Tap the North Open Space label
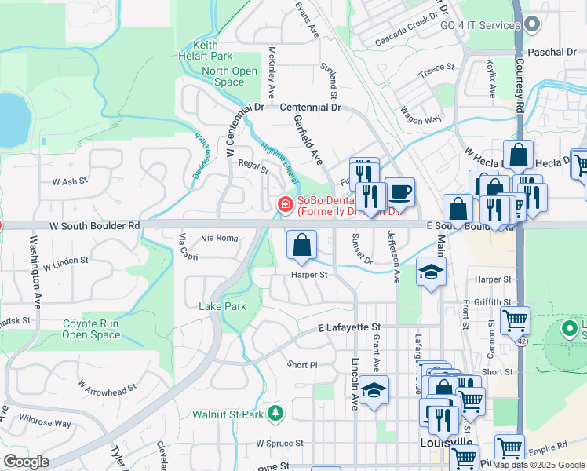229,76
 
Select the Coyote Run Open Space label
91,329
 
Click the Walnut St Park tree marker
275,413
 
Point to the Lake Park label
222,306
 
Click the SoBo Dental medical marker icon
285,206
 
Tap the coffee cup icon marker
399,192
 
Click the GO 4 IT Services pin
532,25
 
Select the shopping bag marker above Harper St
301,246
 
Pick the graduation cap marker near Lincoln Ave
375,390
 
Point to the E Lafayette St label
348,327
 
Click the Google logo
27,462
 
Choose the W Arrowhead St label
108,385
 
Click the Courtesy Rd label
519,87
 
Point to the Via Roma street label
219,237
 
